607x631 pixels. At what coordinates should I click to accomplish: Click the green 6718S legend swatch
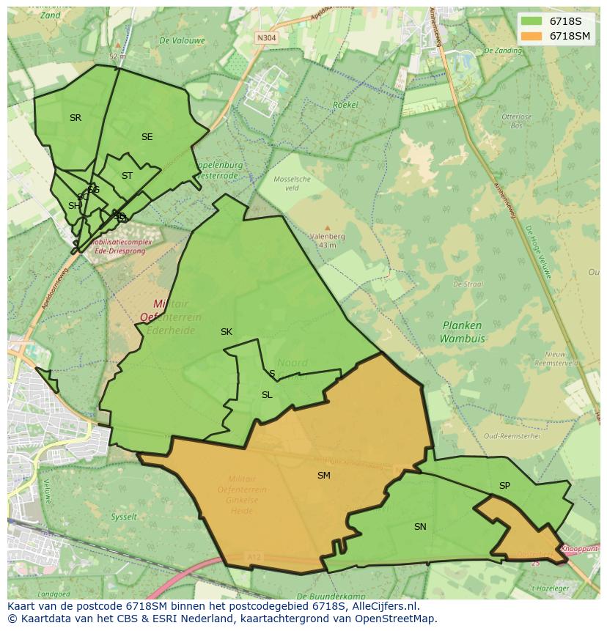click(531, 21)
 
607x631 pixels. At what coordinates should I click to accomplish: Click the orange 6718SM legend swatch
click(531, 36)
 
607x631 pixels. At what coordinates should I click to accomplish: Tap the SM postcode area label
click(323, 476)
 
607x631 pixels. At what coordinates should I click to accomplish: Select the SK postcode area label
click(227, 332)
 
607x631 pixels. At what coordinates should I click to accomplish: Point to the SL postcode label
click(267, 395)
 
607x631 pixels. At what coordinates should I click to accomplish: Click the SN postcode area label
click(420, 527)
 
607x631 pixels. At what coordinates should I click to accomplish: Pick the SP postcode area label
click(504, 486)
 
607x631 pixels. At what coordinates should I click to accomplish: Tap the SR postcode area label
click(76, 118)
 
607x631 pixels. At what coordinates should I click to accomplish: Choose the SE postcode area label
click(147, 137)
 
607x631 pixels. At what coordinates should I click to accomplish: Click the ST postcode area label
click(127, 176)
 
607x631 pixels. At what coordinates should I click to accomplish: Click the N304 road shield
click(266, 37)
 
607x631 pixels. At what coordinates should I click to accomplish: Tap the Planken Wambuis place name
click(462, 332)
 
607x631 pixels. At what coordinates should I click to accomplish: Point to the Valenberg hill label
click(327, 237)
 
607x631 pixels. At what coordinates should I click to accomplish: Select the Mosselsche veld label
click(292, 183)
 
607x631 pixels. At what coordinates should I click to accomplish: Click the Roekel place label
click(345, 105)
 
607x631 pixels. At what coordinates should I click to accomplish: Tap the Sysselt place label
click(124, 517)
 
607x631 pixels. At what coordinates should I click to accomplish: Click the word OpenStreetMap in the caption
click(396, 619)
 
